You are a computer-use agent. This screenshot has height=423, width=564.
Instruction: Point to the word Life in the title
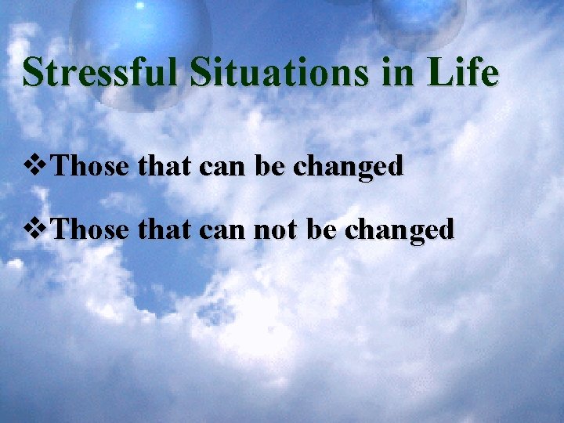(x=468, y=74)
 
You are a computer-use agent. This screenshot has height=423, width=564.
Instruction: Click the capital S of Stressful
(x=33, y=74)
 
